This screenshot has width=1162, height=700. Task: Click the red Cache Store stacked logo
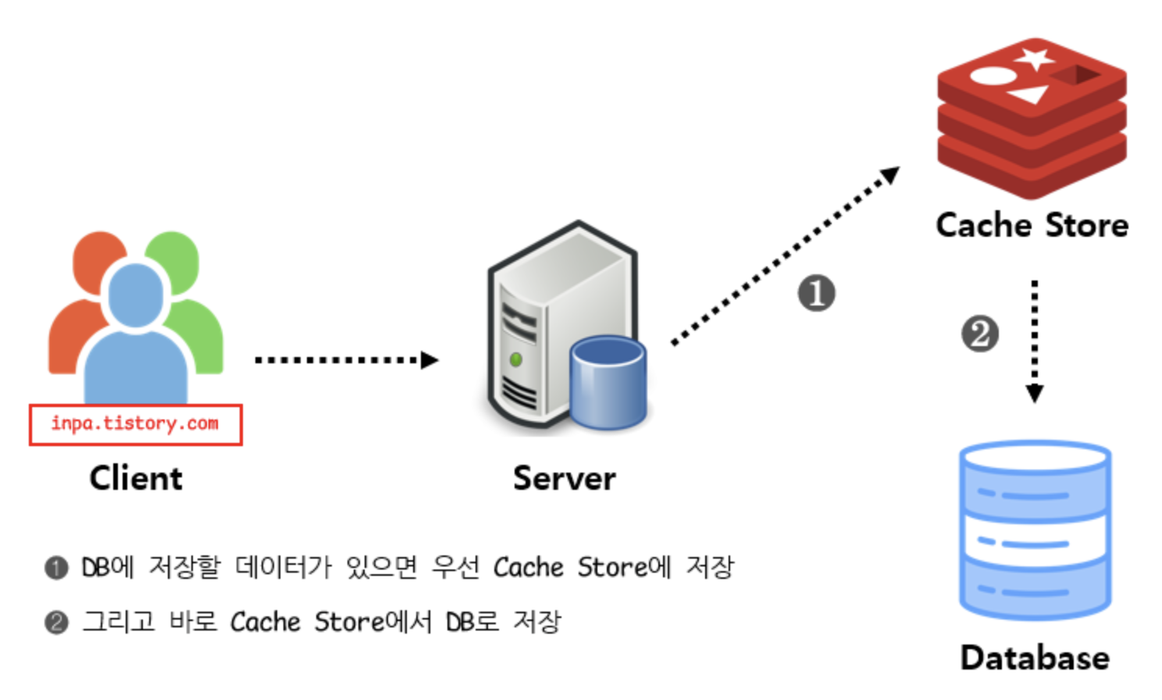1032,117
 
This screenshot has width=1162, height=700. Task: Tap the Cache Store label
1032,226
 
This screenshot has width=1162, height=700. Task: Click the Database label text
1035,658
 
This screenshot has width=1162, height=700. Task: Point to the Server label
564,478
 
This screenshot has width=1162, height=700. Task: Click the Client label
136,478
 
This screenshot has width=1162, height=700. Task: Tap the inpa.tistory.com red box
136,424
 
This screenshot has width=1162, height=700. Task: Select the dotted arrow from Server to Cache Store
785,255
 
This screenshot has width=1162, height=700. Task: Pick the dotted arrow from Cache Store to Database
1035,341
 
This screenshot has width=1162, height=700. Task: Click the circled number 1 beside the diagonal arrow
816,294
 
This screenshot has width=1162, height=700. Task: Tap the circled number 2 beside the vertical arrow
979,334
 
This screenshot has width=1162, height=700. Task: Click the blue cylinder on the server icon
608,382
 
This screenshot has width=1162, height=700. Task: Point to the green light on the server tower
515,359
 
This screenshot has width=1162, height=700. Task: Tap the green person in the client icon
195,312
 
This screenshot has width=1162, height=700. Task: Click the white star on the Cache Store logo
1035,58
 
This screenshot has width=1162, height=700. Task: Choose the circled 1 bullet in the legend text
56,567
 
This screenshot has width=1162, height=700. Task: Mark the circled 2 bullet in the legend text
56,623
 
